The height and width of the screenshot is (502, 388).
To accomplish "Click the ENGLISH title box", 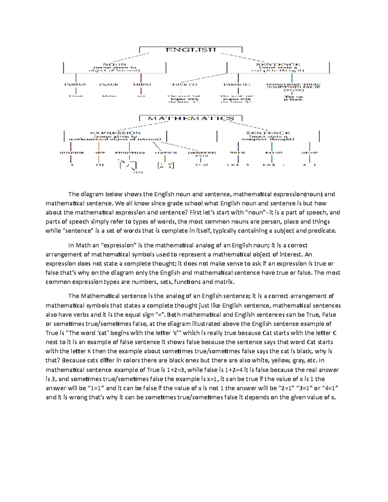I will click(191, 50).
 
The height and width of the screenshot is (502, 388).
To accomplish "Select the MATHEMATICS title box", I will click(191, 118).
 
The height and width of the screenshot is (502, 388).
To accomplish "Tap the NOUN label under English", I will click(114, 65).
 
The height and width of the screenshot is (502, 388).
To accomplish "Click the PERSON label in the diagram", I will click(76, 84).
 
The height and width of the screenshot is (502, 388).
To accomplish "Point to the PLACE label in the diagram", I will click(109, 84).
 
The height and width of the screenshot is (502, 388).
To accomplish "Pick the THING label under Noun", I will click(142, 84).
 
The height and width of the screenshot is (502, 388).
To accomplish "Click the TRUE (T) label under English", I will click(184, 84).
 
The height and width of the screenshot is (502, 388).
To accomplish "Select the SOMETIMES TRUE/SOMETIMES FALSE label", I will click(293, 86).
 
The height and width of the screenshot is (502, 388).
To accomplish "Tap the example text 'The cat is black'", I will click(293, 98).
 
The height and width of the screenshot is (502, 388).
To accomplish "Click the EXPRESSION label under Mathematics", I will click(115, 133).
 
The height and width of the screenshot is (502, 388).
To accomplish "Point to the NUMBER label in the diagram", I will click(71, 153).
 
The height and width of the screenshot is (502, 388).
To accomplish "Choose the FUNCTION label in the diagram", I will click(130, 153).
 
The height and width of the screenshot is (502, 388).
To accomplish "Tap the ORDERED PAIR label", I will click(201, 154).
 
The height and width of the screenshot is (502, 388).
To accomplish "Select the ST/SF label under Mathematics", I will click(309, 153).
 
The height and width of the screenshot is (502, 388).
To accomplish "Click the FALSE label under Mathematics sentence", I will click(274, 153).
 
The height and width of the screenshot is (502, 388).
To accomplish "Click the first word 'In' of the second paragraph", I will click(71, 245).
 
